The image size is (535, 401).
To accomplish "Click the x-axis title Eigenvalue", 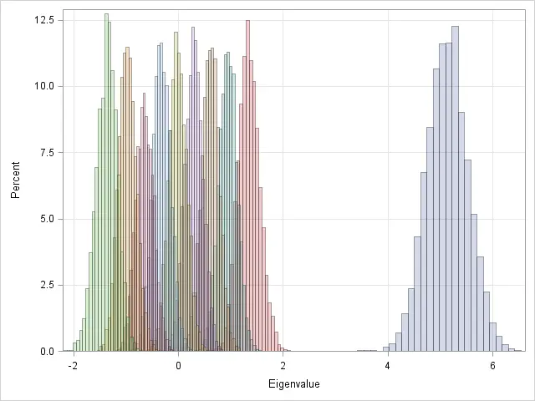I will click(x=294, y=384).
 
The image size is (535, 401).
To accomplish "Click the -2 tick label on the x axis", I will click(x=73, y=366).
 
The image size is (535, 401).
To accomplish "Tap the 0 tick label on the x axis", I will click(x=178, y=366).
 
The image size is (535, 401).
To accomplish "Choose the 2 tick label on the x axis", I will click(x=283, y=366).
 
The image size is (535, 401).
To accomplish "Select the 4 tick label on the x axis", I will click(x=388, y=366).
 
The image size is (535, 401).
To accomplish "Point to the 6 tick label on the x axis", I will click(x=492, y=366).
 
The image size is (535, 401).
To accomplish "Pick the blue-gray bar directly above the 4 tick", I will click(x=386, y=349).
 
